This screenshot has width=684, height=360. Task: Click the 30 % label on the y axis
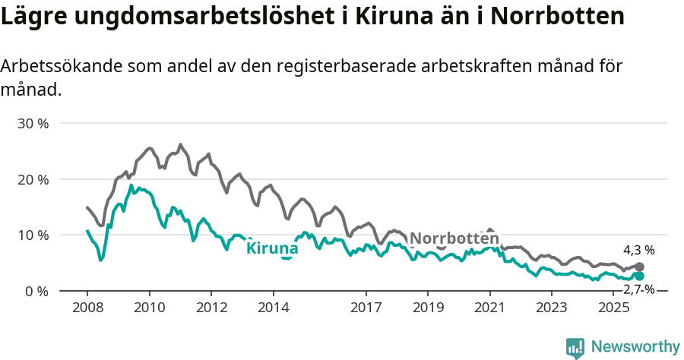[33, 123]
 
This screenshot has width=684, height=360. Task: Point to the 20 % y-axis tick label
[33, 179]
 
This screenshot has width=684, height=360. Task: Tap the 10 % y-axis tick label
[33, 235]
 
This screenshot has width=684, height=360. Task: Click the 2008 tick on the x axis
[87, 308]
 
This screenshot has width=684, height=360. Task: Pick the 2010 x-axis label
[149, 308]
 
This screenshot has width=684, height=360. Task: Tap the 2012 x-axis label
[211, 308]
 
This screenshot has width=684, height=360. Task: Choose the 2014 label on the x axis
[273, 308]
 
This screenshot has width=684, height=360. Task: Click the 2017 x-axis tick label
[366, 308]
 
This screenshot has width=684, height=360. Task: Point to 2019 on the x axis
[428, 308]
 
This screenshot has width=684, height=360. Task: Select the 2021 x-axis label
[489, 308]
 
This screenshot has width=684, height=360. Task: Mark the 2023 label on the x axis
[552, 308]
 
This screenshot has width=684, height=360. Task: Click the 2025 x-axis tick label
[613, 308]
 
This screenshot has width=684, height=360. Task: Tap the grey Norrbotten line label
[454, 238]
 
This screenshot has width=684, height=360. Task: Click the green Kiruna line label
[272, 248]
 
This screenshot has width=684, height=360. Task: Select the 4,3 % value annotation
[638, 250]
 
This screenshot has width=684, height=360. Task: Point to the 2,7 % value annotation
[638, 289]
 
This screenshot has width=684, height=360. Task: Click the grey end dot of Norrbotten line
[640, 267]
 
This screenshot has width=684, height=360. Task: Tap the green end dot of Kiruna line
[640, 276]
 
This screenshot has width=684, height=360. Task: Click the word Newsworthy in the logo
[635, 347]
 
